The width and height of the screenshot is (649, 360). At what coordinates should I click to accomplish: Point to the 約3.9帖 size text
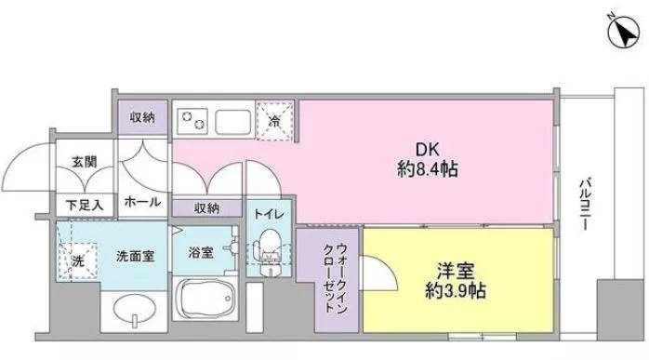456,291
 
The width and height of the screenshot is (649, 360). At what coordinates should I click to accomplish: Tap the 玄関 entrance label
84,161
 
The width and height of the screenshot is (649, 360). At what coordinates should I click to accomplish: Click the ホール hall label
142,202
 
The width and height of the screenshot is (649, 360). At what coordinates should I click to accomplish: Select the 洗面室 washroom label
135,255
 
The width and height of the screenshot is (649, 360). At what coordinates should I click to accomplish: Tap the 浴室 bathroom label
201,252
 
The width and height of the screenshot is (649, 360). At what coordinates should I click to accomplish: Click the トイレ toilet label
270,214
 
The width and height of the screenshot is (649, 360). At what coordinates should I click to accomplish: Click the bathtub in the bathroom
207,304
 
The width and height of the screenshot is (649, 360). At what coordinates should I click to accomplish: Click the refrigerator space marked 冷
275,120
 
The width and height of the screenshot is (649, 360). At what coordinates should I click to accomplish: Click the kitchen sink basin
233,121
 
